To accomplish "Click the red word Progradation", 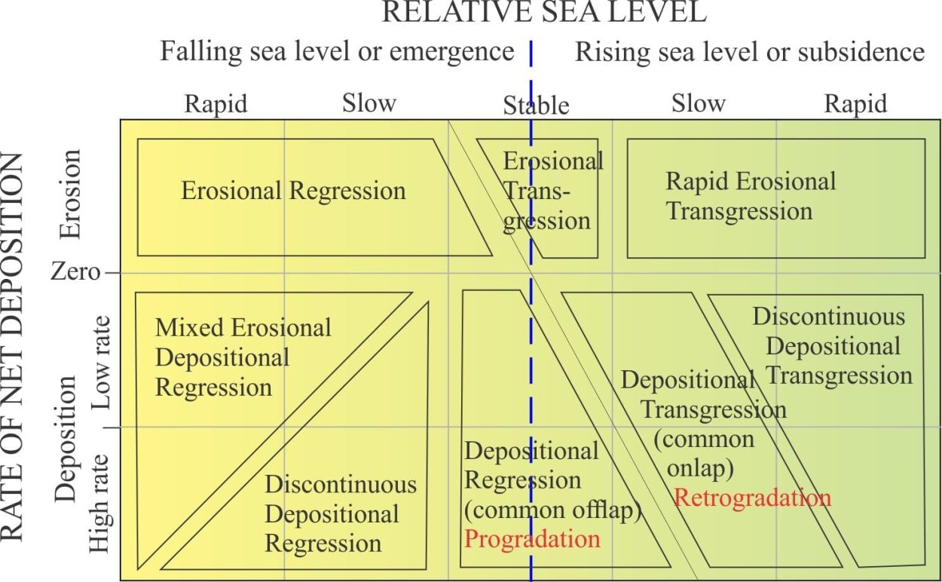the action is pos(532,540).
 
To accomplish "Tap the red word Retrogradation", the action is pos(753,498).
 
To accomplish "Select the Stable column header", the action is pos(536,106).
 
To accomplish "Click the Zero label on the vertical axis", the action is pos(75,272).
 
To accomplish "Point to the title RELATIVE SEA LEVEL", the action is pos(544,12).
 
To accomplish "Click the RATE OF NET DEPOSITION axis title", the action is pos(12,348).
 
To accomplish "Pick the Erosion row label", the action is pos(70,194).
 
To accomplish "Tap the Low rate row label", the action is pos(101,363).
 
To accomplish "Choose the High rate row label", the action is pos(99,504).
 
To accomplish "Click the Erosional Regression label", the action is pos(294,191).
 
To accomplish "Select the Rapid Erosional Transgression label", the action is pos(751,196).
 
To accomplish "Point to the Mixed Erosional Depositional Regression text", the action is pos(243,357).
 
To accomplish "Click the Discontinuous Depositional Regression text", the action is pos(341,514).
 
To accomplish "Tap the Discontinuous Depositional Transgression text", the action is pos(833,346).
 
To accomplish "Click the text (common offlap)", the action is pos(553,510).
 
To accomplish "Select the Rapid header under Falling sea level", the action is pos(216,103).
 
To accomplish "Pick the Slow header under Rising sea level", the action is pos(699,103).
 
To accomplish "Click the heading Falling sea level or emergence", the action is pos(338,51).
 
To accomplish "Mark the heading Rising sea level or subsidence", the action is pos(750,52).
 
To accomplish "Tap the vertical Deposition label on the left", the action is pos(65,440).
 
